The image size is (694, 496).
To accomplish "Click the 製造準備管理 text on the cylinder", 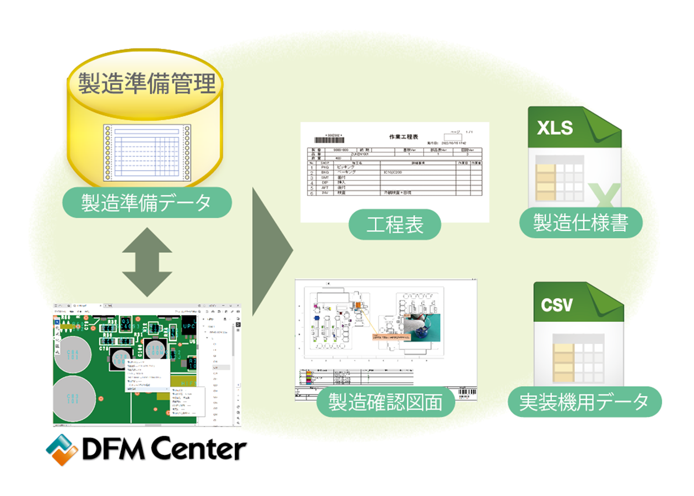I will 145,85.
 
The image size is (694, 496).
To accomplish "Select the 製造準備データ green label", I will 146,202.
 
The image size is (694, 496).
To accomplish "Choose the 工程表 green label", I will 395,224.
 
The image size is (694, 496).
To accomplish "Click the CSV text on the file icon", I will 556,304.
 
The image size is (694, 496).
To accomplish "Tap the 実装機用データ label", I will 584,402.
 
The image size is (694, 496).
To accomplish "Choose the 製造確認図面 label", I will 386,402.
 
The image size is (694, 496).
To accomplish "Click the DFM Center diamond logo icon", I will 61,449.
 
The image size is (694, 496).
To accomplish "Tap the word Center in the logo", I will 198,450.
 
